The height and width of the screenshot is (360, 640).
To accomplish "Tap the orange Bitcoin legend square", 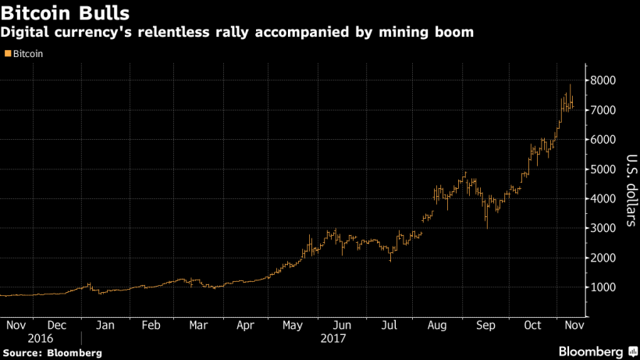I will click(x=8, y=54).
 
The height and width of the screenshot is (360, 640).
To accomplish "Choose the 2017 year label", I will click(x=333, y=339).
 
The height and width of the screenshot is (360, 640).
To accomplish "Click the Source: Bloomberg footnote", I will click(x=52, y=353).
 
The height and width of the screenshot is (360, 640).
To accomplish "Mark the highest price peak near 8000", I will click(x=571, y=85).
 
